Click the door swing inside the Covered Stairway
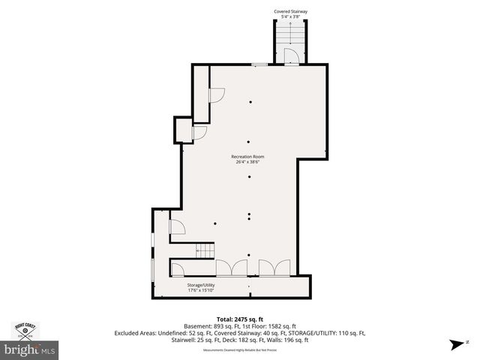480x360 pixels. [x=292, y=57]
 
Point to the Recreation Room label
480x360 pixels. [x=247, y=156]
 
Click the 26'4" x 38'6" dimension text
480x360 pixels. [x=247, y=161]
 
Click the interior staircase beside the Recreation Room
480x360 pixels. [x=205, y=250]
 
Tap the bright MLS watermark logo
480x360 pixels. [x=30, y=349]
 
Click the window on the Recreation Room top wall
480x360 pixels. [x=259, y=65]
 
